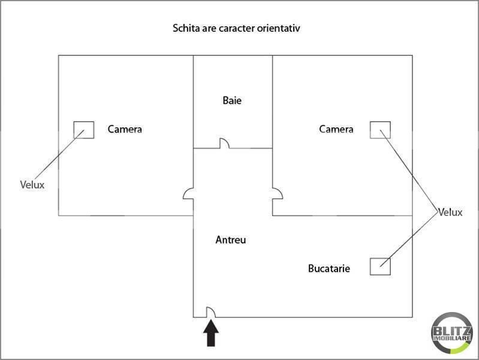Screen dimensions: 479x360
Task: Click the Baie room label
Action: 232,100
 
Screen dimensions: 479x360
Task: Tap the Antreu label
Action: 231,240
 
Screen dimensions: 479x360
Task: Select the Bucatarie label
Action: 329,268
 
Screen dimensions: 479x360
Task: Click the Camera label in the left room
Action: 125,129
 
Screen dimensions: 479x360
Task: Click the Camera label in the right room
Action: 336,129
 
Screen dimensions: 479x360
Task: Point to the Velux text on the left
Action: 32,185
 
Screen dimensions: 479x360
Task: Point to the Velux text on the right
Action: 450,212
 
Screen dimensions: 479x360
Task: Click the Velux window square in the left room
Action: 84,122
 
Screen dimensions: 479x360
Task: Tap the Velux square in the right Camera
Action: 380,122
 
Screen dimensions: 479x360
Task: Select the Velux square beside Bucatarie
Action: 380,259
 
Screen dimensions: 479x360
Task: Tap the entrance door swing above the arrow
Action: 213,310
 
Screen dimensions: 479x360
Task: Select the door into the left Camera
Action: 185,192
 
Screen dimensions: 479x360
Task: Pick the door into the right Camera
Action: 280,192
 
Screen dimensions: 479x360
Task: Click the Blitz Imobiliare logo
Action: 452,333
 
